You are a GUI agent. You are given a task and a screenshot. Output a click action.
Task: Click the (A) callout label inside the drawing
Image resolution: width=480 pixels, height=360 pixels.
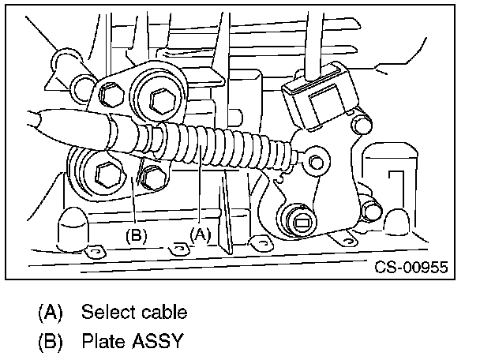(201, 234)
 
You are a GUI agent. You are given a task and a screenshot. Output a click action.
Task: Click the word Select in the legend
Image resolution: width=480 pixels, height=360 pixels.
(107, 312)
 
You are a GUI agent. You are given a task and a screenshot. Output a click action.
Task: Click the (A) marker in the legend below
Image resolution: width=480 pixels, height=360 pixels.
(50, 312)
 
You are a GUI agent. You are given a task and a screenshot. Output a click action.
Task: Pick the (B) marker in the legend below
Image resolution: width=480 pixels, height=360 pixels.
(50, 342)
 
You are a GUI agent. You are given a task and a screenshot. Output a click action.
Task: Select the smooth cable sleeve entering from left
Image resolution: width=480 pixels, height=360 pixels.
(63, 126)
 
